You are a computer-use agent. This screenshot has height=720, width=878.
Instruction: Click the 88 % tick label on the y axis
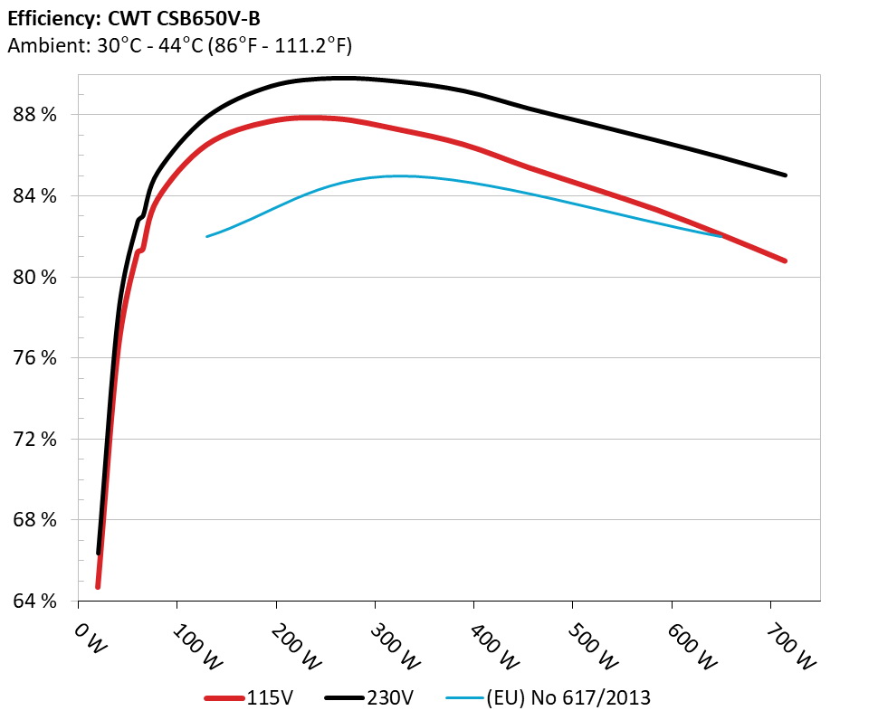pyautogui.click(x=34, y=115)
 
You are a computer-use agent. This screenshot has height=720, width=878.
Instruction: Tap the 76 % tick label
pyautogui.click(x=34, y=358)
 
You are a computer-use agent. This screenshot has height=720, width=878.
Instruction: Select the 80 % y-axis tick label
pyautogui.click(x=34, y=277)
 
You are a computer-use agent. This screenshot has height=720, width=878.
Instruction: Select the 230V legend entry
pyautogui.click(x=390, y=697)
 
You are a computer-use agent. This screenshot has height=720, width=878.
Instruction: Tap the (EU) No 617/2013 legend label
pyautogui.click(x=568, y=697)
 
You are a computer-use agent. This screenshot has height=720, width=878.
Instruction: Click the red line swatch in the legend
pyautogui.click(x=225, y=697)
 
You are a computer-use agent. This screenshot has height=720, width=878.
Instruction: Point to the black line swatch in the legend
pyautogui.click(x=345, y=697)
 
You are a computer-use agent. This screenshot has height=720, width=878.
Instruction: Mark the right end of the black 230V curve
pyautogui.click(x=785, y=175)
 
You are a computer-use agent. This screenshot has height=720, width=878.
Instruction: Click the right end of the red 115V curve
pyautogui.click(x=785, y=261)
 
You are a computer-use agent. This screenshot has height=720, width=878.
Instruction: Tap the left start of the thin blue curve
pyautogui.click(x=207, y=236)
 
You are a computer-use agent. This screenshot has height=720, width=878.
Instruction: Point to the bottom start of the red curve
pyautogui.click(x=98, y=587)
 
